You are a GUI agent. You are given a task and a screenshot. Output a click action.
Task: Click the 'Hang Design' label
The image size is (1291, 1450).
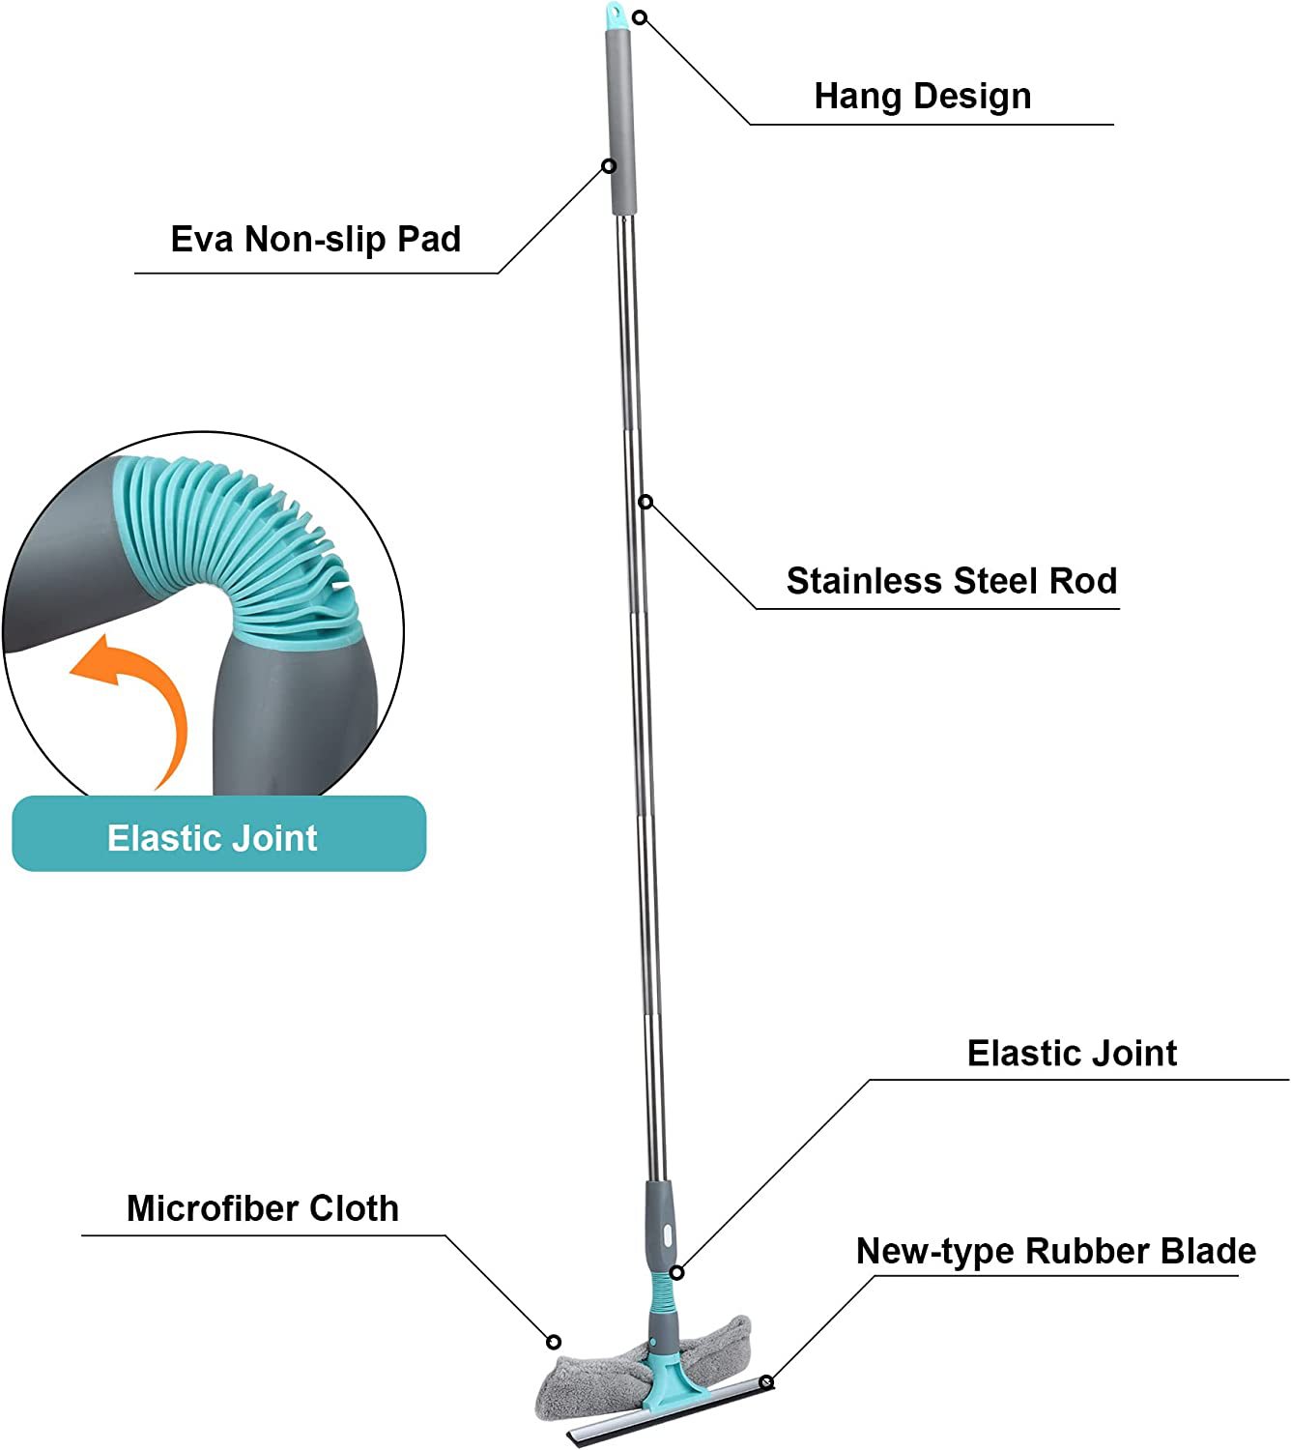(x=922, y=97)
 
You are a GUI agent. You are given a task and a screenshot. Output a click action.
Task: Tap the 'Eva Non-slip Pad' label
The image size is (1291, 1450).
(x=315, y=239)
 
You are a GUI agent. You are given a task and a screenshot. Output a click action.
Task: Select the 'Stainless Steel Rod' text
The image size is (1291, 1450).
(x=951, y=581)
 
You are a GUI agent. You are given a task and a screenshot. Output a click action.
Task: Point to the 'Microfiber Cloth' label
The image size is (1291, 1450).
(x=262, y=1208)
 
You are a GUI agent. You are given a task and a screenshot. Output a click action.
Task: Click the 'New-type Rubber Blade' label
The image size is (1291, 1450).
(x=1055, y=1251)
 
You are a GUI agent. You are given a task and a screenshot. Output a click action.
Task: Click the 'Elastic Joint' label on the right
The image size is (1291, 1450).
(x=1072, y=1053)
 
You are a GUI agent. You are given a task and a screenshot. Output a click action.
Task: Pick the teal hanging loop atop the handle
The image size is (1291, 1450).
(x=615, y=14)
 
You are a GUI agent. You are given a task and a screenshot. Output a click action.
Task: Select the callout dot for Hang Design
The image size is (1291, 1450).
(x=639, y=17)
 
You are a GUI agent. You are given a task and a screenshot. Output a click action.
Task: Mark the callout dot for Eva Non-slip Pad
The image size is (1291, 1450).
(x=609, y=166)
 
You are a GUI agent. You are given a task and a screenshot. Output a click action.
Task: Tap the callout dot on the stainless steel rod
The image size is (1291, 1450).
(x=645, y=501)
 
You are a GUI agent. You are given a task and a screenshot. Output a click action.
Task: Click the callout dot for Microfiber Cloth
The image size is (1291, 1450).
(x=554, y=1342)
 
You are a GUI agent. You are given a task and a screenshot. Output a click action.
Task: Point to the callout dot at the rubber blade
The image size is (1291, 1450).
(x=766, y=1381)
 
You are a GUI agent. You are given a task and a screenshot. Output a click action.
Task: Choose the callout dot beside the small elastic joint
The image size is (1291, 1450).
(x=677, y=1272)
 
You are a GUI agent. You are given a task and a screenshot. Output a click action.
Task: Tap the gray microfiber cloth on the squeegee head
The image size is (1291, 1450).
(x=589, y=1377)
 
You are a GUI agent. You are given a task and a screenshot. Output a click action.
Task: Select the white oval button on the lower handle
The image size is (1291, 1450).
(x=666, y=1236)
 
